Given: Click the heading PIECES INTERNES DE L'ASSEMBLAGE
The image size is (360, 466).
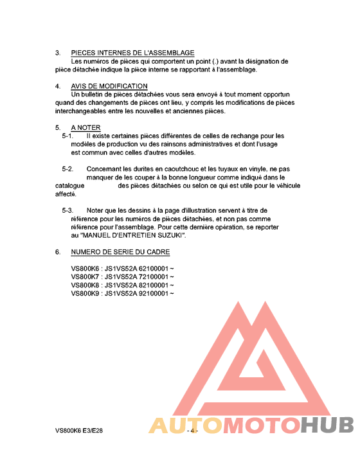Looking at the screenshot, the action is pos(132,53).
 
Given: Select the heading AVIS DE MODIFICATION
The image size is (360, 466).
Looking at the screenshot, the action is pos(109,86).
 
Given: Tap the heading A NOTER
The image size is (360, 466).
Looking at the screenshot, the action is pos(85,127).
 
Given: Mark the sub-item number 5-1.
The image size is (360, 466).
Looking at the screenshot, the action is pos(67,136).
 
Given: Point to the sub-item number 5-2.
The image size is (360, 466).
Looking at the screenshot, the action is pos(67,169).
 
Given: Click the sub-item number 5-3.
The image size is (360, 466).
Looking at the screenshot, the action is pos(67,210).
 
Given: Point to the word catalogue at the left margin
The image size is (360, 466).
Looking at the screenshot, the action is pos(70,186).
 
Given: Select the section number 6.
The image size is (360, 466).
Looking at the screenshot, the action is pos(58,252).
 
